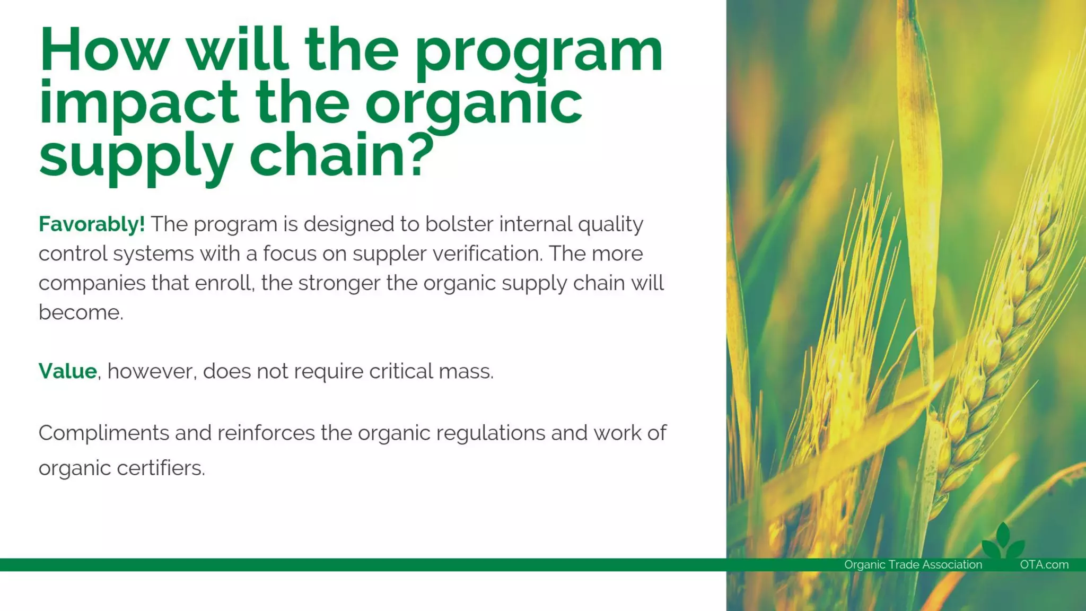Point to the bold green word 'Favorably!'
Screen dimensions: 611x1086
91,224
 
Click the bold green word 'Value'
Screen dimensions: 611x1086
67,371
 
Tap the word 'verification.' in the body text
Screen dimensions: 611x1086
487,254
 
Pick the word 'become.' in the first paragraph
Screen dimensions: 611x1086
81,312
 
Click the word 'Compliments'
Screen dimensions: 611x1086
103,433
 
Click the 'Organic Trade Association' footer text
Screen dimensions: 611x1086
913,565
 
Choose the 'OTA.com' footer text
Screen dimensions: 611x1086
1044,565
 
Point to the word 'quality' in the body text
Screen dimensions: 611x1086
610,225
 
